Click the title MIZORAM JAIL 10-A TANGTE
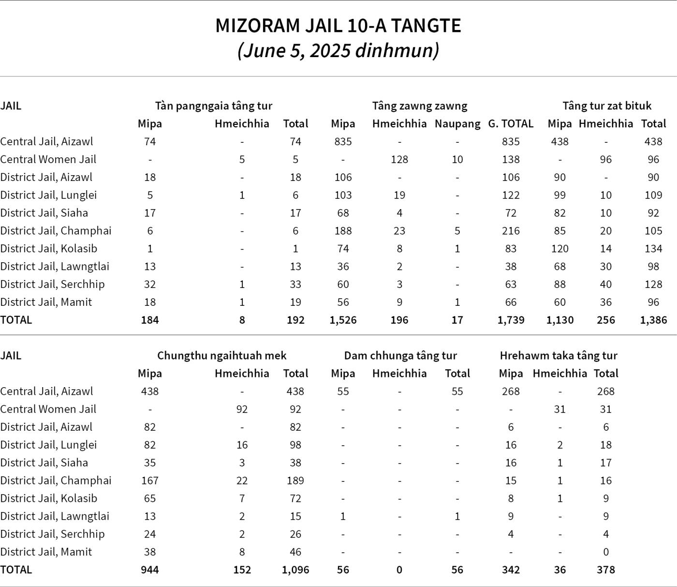pyautogui.click(x=338, y=26)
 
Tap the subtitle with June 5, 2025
pyautogui.click(x=338, y=50)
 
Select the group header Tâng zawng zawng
pyautogui.click(x=419, y=106)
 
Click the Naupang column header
pyautogui.click(x=457, y=124)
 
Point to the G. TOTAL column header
pyautogui.click(x=511, y=124)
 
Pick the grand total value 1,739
pyautogui.click(x=511, y=320)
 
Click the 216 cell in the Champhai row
pyautogui.click(x=511, y=231)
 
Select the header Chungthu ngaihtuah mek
pyautogui.click(x=221, y=356)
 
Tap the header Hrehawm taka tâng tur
pyautogui.click(x=559, y=356)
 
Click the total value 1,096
pyautogui.click(x=295, y=570)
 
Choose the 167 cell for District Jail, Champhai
pyautogui.click(x=150, y=481)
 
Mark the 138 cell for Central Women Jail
pyautogui.click(x=511, y=160)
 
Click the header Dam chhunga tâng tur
pyautogui.click(x=400, y=356)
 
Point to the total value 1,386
pyautogui.click(x=653, y=320)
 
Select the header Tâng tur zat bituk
pyautogui.click(x=607, y=106)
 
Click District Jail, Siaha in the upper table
pyautogui.click(x=44, y=213)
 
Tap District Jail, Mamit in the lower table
pyautogui.click(x=46, y=552)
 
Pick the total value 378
pyautogui.click(x=606, y=570)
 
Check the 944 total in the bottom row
pyautogui.click(x=150, y=570)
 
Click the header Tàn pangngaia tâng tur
pyautogui.click(x=213, y=106)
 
